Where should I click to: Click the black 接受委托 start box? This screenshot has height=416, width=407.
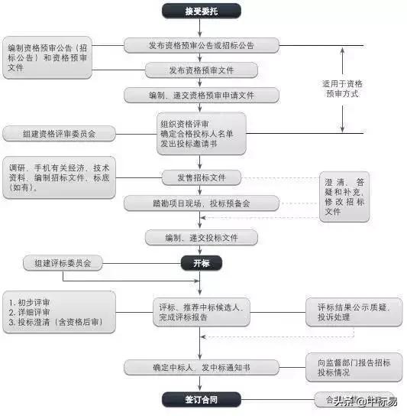click(202, 11)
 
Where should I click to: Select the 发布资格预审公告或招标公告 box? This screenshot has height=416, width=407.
click(202, 46)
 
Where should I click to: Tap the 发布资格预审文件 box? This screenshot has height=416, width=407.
click(202, 70)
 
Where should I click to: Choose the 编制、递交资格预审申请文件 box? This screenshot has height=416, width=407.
click(202, 95)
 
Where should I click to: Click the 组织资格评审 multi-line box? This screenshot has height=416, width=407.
click(202, 134)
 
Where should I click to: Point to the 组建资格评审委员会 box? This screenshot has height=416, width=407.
click(59, 134)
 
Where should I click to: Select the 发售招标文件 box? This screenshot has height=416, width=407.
click(202, 177)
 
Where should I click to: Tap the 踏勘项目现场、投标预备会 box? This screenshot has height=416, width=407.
click(202, 203)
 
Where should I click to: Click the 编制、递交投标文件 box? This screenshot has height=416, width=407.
click(202, 238)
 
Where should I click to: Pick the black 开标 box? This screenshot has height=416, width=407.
click(202, 264)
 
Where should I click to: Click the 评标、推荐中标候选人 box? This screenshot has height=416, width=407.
click(200, 312)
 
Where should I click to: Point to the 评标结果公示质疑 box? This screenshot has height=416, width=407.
click(354, 312)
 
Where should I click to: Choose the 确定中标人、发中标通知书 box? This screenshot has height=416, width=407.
click(202, 368)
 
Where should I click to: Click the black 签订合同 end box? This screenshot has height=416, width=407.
click(202, 399)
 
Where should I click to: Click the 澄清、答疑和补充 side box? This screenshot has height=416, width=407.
click(344, 197)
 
